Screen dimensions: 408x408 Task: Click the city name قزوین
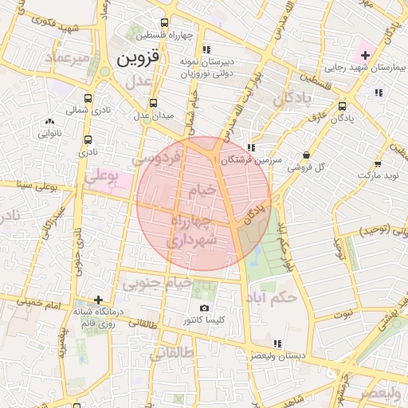[138, 58]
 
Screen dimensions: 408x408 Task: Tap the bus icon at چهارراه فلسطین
[164, 23]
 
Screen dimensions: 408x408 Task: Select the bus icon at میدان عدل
[152, 103]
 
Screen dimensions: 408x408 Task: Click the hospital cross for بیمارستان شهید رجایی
[365, 55]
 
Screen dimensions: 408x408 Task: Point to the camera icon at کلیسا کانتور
[204, 308]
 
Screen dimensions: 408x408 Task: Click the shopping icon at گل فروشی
[307, 155]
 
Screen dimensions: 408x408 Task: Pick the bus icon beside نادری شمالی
[88, 100]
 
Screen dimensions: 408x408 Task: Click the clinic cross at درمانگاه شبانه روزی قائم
[97, 300]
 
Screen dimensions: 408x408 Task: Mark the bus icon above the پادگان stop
[343, 106]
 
